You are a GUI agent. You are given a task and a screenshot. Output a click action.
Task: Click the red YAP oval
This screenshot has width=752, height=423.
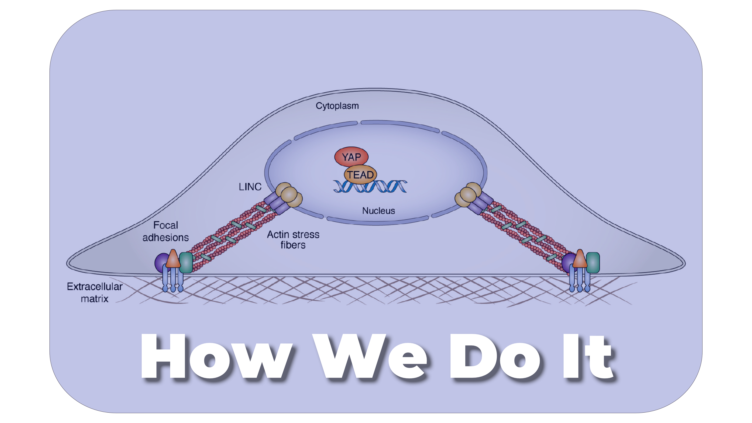351,157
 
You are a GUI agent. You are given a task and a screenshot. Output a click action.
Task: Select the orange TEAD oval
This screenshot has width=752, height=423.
361,174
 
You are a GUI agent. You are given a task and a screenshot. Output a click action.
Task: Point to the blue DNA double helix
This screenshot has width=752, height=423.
370,187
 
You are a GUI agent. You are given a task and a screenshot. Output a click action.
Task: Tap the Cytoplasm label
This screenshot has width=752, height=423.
337,106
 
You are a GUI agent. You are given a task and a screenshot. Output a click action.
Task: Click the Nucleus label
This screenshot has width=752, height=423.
378,211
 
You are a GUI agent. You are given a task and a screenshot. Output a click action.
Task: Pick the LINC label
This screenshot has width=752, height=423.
250,187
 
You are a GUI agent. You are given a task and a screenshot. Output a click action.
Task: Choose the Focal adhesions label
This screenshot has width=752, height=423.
165,231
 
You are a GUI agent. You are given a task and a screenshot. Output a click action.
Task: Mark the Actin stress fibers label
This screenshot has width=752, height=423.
293,239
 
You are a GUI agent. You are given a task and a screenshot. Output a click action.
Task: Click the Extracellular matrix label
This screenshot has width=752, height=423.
95,293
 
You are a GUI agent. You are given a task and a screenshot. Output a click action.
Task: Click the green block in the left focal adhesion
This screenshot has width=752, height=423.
186,262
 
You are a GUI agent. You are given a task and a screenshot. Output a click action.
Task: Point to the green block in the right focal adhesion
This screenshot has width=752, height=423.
593,262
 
